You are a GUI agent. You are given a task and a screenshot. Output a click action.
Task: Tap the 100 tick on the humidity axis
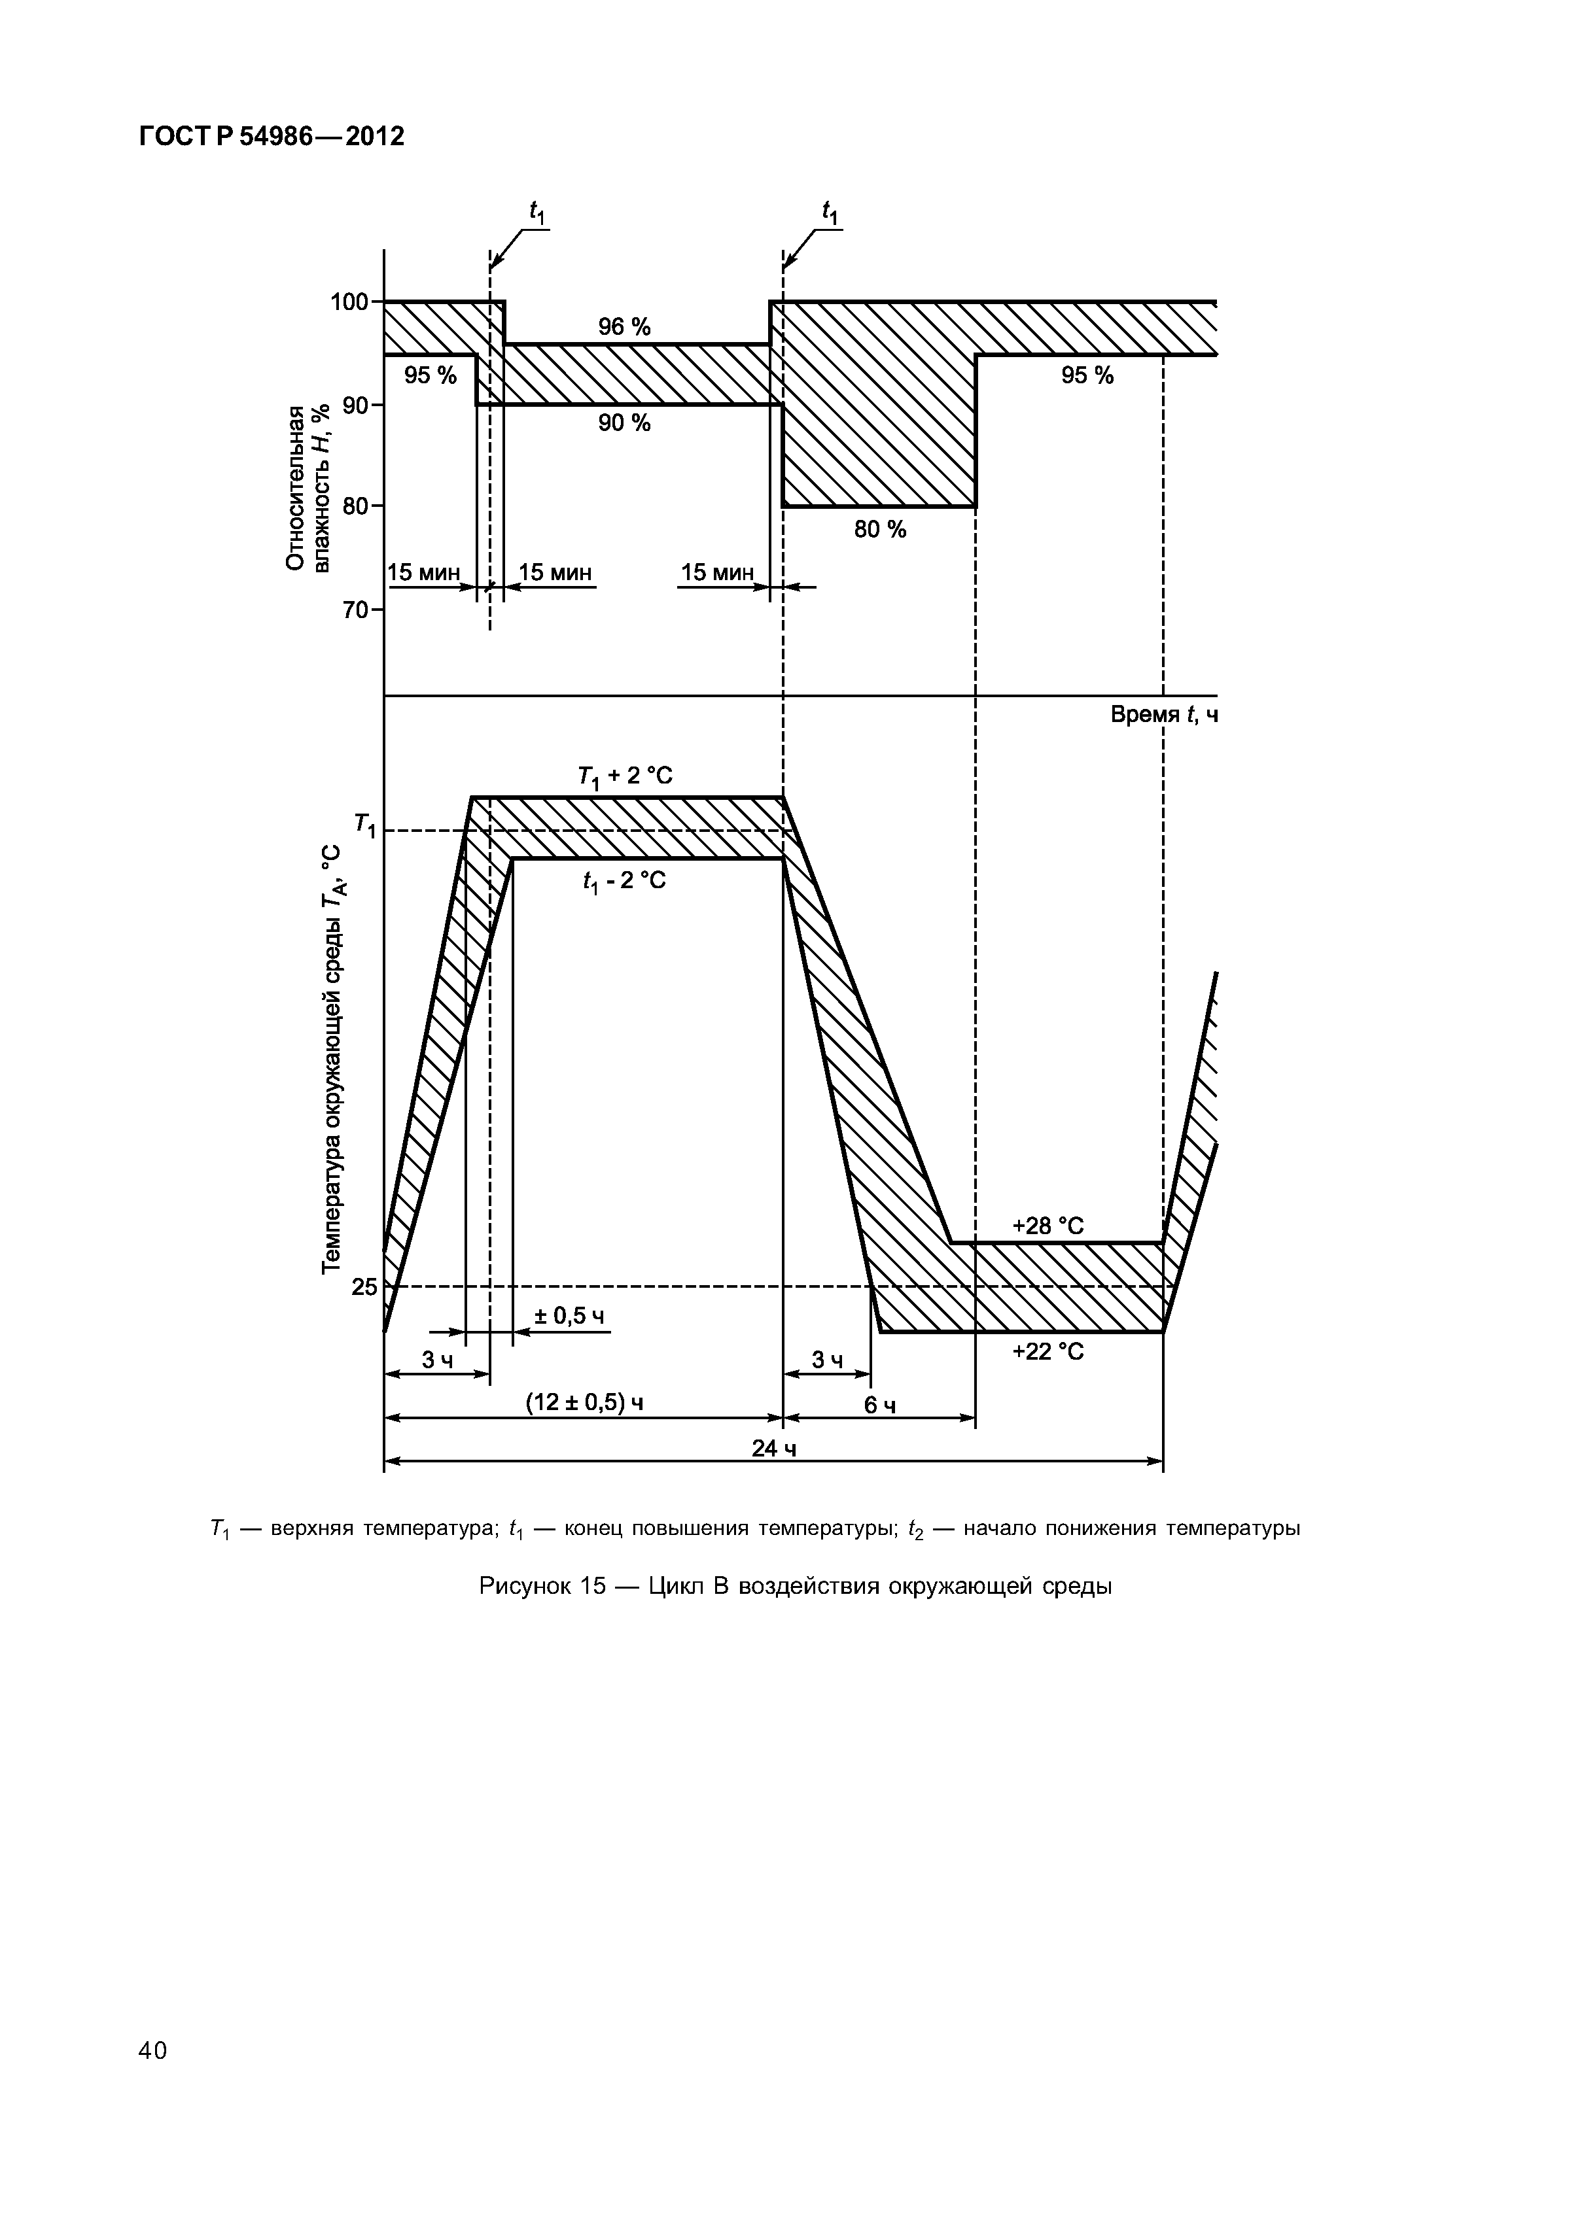click(x=351, y=302)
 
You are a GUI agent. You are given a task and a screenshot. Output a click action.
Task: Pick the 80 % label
click(x=879, y=529)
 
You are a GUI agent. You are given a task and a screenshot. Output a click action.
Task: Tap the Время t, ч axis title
click(x=1163, y=715)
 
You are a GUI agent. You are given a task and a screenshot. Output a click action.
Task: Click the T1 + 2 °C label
click(x=625, y=776)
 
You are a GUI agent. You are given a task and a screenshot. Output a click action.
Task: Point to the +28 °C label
click(x=1047, y=1226)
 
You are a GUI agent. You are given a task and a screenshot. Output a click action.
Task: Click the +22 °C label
click(x=1047, y=1351)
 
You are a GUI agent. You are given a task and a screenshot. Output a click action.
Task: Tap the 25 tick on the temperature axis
click(x=364, y=1287)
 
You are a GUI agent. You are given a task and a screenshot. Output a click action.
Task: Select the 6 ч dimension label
click(x=879, y=1405)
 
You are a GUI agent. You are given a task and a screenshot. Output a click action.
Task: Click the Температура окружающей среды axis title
click(x=333, y=1059)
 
